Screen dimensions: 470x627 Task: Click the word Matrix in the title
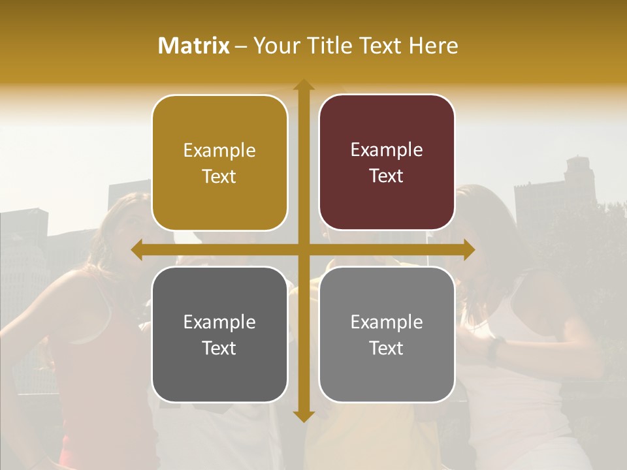coord(194,46)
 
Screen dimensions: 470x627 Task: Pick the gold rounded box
coord(219,196)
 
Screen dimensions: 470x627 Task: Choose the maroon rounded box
coord(387,196)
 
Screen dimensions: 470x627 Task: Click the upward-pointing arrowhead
coord(303,86)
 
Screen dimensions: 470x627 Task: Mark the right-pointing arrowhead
coord(468,249)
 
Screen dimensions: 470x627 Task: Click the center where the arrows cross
coord(303,249)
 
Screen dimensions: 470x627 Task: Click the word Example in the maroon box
coord(387,150)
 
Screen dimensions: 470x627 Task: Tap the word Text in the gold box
coord(219,176)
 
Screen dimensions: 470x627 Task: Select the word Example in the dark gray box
coord(219,322)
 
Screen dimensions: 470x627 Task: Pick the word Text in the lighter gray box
coord(387,348)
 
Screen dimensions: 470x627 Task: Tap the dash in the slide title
coord(241,46)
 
